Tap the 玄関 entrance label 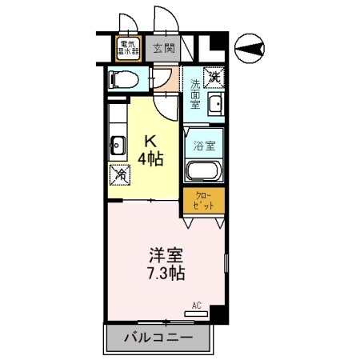(x=162, y=47)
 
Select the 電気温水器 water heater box (x=128, y=47)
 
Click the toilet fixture (x=122, y=79)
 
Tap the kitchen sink (x=117, y=146)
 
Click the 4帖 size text (x=150, y=158)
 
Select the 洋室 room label (x=166, y=257)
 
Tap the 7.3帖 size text (x=166, y=274)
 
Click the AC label (x=197, y=305)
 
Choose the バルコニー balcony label (x=158, y=338)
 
